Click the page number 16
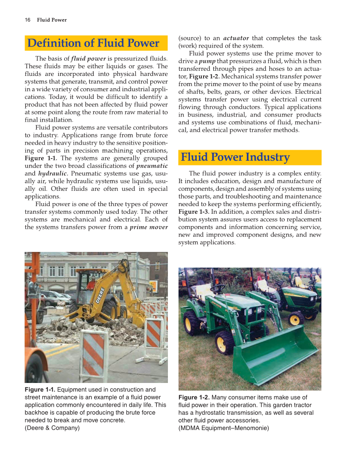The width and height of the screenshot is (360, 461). pyautogui.click(x=27, y=20)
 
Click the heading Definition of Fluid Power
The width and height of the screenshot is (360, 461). pyautogui.click(x=93, y=43)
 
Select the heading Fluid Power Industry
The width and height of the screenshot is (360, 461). pyautogui.click(x=235, y=157)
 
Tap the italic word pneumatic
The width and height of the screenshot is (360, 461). pyautogui.click(x=152, y=166)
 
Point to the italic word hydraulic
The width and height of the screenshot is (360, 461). pyautogui.click(x=53, y=173)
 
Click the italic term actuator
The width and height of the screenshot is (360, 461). pyautogui.click(x=236, y=38)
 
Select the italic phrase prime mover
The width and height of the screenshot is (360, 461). pyautogui.click(x=148, y=227)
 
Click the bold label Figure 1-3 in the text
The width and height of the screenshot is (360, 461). pyautogui.click(x=193, y=212)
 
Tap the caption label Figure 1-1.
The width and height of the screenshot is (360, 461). pyautogui.click(x=39, y=389)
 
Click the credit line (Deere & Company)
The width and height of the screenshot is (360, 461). pyautogui.click(x=52, y=427)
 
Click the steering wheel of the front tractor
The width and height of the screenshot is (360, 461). pyautogui.click(x=218, y=288)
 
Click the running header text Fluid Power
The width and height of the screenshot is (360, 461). pyautogui.click(x=52, y=20)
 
